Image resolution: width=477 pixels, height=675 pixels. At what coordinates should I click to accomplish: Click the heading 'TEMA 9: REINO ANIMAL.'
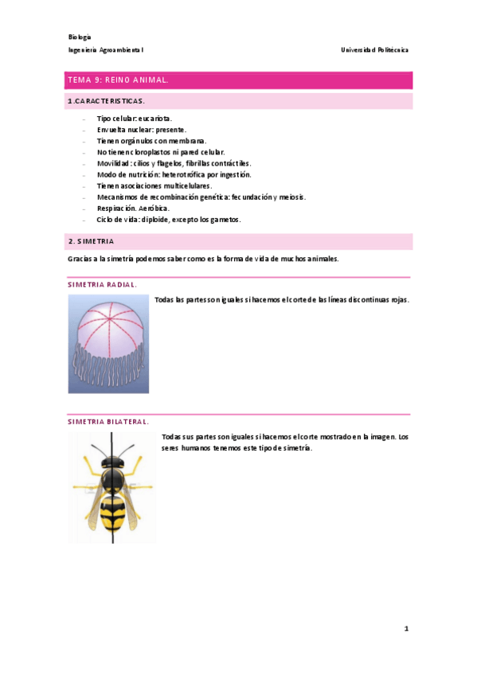click(117, 80)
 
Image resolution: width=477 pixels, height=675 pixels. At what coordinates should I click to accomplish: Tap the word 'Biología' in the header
click(80, 37)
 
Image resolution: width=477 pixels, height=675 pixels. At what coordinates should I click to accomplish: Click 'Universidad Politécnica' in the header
click(374, 49)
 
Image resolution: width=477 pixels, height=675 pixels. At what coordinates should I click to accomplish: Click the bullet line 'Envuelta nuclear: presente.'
click(142, 129)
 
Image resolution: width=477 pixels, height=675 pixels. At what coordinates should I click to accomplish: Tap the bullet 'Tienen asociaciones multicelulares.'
click(154, 185)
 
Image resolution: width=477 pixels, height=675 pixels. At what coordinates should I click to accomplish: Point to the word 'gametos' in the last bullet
click(225, 219)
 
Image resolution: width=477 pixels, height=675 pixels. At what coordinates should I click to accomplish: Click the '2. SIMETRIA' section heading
click(91, 240)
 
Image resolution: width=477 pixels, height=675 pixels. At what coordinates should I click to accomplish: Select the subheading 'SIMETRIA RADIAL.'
click(102, 284)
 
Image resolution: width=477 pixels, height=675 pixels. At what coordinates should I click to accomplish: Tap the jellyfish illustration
click(108, 343)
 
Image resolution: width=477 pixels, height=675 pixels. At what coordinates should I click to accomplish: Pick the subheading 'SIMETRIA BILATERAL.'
click(108, 422)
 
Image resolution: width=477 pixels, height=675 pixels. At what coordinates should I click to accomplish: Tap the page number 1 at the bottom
click(406, 629)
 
